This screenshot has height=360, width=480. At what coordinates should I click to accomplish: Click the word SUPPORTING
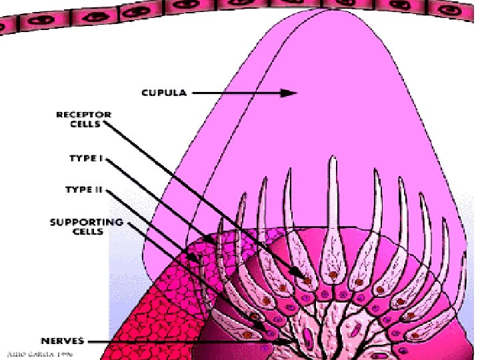point(86,222)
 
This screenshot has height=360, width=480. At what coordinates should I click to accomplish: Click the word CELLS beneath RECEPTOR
point(87,123)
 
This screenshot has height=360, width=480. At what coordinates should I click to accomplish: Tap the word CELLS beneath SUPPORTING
point(87,231)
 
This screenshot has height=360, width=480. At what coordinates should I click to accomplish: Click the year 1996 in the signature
point(65,354)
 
